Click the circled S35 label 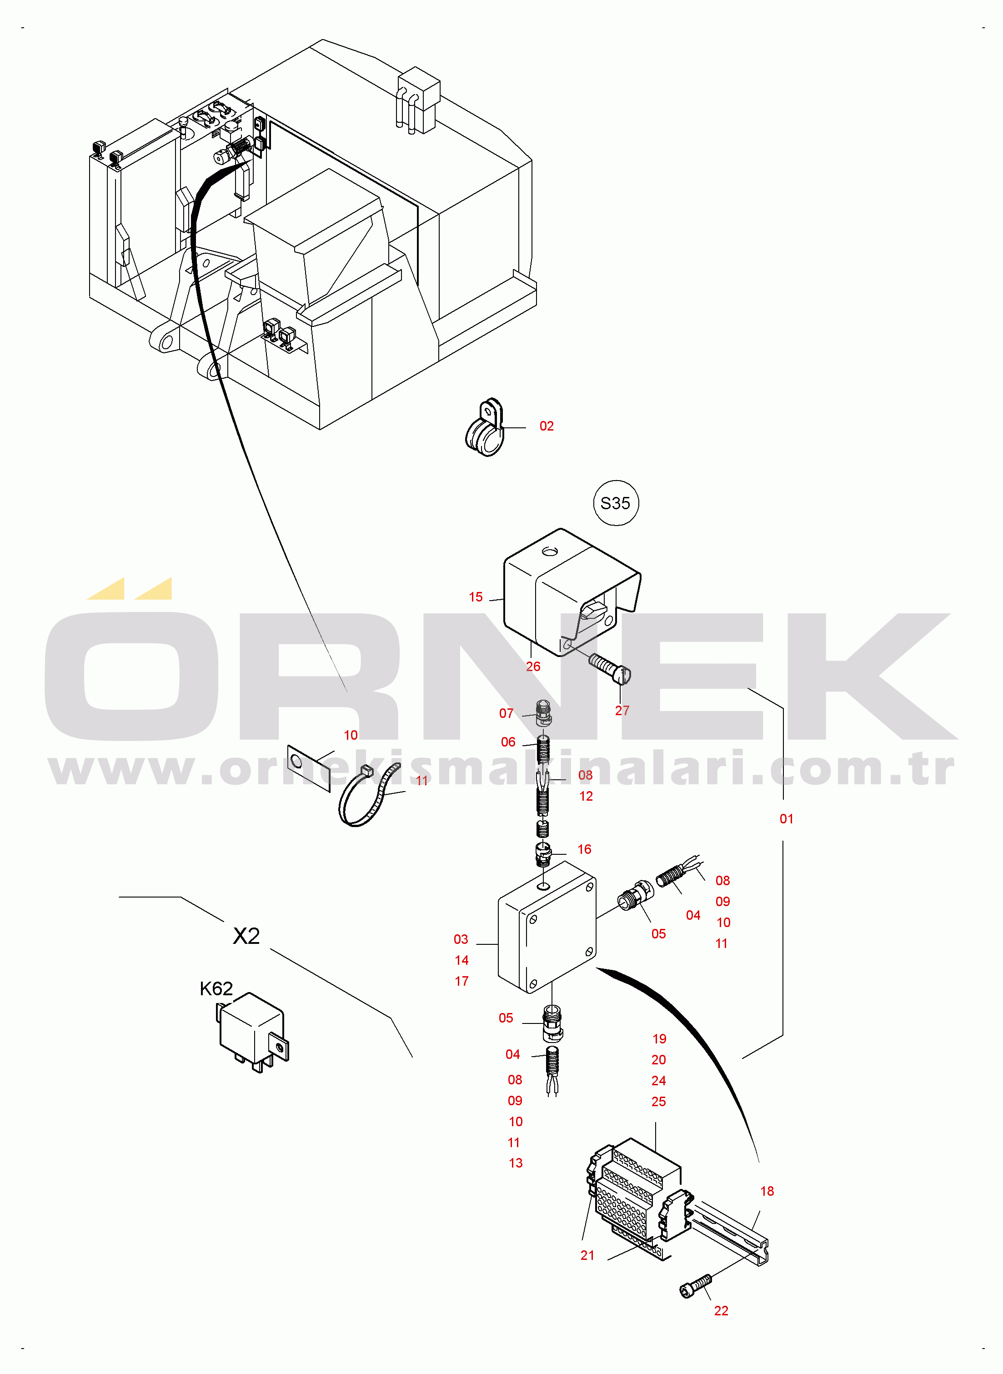coord(615,503)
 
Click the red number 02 coord(547,426)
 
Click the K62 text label coord(216,989)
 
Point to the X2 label coord(246,936)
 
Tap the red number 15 coord(476,597)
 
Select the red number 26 coord(533,666)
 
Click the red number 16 coord(584,849)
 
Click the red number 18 coord(767,1191)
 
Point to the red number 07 coord(507,713)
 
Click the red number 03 coord(461,939)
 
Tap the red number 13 coord(516,1163)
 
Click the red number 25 coord(659,1101)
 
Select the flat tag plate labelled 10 coord(308,768)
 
